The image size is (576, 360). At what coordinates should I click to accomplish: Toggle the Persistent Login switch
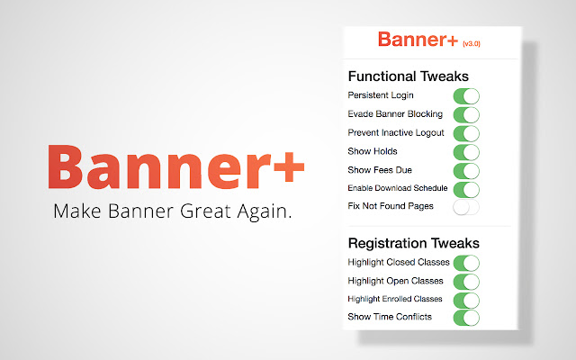[465, 95]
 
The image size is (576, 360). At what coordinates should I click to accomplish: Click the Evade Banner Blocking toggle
[465, 114]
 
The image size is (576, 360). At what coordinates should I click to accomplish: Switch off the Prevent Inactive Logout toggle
[465, 133]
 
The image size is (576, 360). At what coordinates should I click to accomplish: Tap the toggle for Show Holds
[465, 151]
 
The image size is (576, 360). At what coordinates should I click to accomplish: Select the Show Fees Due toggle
[465, 170]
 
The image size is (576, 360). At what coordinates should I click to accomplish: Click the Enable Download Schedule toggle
[465, 189]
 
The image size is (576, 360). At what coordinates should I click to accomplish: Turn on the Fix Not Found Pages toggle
[465, 207]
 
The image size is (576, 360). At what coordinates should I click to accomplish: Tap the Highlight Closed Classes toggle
[465, 263]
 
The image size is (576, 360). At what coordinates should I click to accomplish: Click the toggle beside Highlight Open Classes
[465, 281]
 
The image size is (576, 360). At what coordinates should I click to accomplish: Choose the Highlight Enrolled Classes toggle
[465, 299]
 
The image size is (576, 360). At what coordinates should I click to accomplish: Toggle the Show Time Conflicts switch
[465, 317]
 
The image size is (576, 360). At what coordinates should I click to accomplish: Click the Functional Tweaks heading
[408, 76]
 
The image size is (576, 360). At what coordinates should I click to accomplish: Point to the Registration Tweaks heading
[413, 243]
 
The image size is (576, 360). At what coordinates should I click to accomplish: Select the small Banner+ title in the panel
[417, 40]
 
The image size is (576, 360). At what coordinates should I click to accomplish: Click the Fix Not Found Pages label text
[391, 207]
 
